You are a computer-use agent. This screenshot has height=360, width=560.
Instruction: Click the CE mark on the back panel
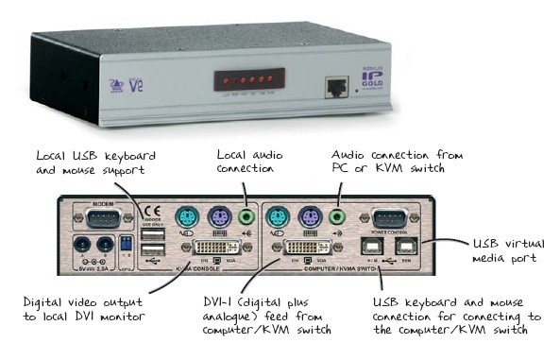pyautogui.click(x=145, y=213)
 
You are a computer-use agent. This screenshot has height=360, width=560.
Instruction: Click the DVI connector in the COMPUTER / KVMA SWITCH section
pyautogui.click(x=306, y=250)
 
